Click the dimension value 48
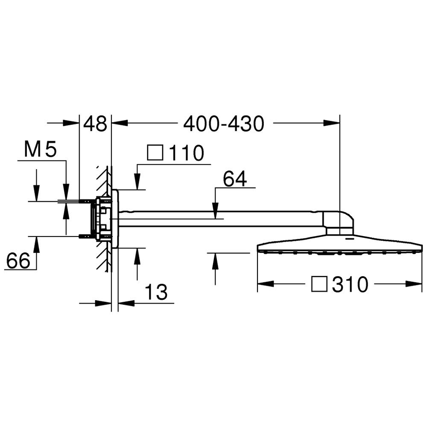coord(95,124)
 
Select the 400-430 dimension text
coord(224,124)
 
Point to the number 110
coord(187,153)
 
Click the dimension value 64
coord(235,178)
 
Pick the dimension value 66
coord(18,260)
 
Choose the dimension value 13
coord(156,292)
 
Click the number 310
coord(350,284)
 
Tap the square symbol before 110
coord(155,153)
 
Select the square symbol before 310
coord(319,284)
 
